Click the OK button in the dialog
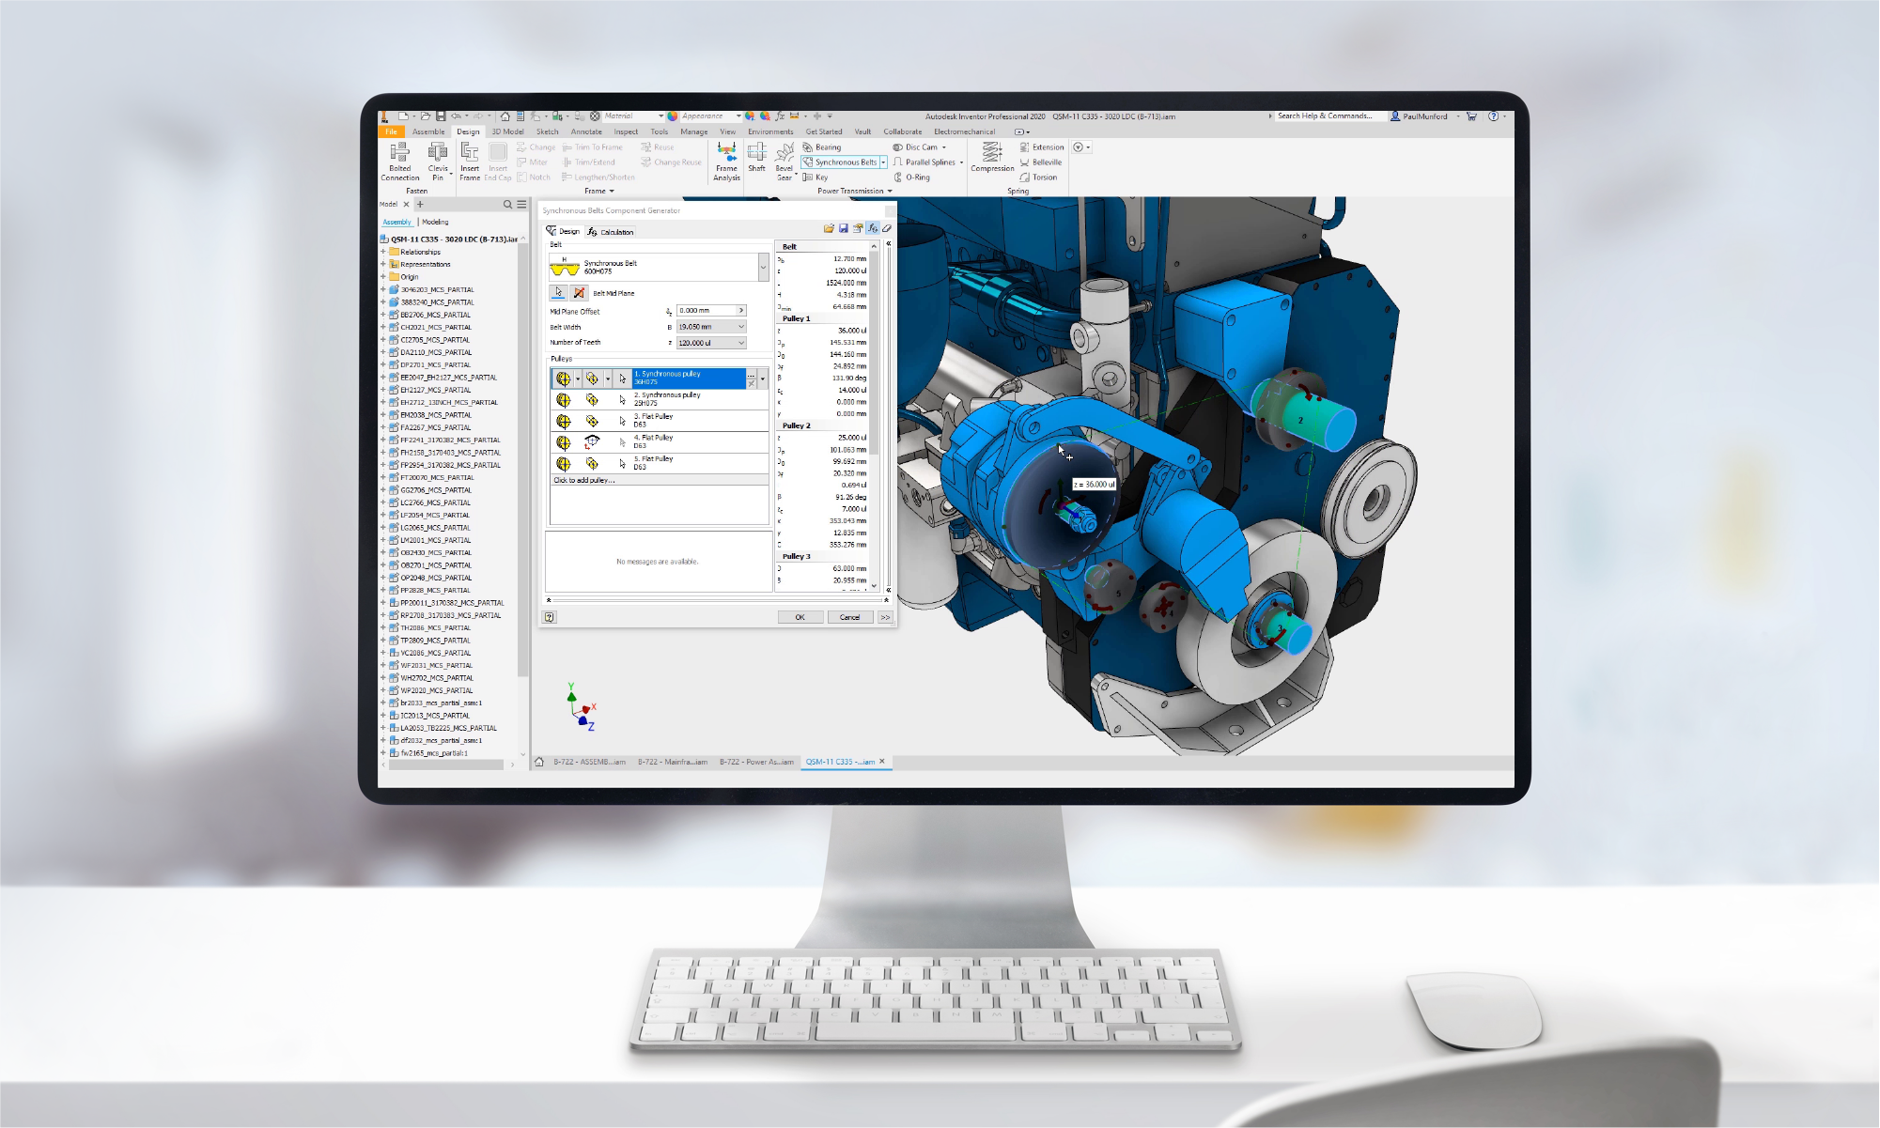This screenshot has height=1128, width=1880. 800,617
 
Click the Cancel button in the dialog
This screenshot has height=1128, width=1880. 849,617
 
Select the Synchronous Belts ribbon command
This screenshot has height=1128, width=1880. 844,162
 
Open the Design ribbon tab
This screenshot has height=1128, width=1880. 468,131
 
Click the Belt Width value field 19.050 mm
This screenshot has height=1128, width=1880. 706,327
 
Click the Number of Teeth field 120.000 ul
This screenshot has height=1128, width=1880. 706,343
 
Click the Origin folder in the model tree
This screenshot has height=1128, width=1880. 409,277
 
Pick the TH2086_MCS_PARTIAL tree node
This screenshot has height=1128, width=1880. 435,627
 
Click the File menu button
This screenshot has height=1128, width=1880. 391,131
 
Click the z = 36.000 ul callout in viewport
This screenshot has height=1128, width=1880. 1095,485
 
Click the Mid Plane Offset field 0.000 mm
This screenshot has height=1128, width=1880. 706,311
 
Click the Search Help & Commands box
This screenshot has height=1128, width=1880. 1325,116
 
